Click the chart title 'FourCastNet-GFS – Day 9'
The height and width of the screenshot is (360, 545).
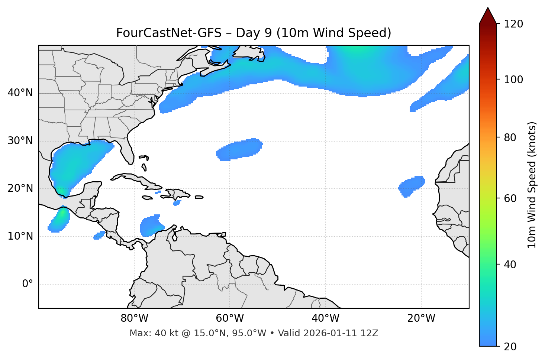(253, 33)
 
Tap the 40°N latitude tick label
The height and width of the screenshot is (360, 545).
(20, 93)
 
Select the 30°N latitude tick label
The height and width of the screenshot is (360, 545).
(20, 141)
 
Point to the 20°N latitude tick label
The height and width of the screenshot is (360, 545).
(20, 188)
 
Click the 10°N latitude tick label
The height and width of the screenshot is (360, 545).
(20, 236)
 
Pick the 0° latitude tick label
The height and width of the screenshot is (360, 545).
(27, 284)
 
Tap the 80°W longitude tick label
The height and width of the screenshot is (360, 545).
(134, 318)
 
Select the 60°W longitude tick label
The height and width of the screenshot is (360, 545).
(230, 318)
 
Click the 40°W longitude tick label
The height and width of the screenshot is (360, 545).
(325, 318)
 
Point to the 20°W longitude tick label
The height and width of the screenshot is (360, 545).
(421, 318)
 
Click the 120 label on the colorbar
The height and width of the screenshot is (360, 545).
(513, 24)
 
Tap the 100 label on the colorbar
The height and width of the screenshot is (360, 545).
(513, 80)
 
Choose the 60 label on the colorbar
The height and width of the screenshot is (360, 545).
(511, 198)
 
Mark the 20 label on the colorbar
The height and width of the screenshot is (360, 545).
(511, 347)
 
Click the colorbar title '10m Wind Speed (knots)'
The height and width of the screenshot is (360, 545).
(532, 185)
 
